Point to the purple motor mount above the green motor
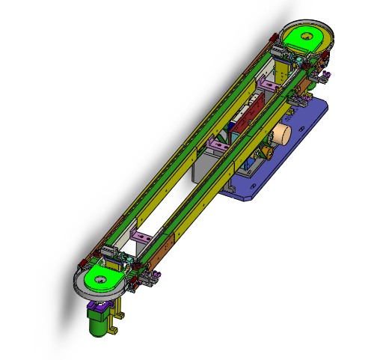click(98, 305)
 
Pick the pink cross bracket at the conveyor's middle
click(218, 144)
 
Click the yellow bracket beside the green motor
click(114, 322)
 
